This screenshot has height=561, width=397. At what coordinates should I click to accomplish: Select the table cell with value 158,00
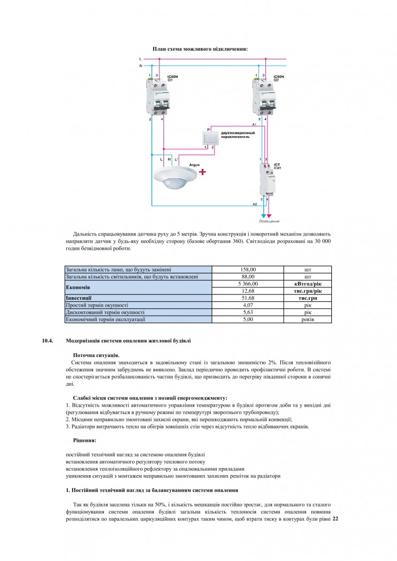[x=248, y=270]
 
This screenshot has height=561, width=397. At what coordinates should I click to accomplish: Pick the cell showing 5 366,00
[x=248, y=284]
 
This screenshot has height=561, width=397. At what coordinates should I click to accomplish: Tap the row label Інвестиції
[x=79, y=298]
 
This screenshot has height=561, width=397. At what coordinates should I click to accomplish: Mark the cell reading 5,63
[x=248, y=312]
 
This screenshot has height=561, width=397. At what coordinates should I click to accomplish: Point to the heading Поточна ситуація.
[x=96, y=355]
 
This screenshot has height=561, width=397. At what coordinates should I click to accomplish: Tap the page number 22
[x=335, y=518]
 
